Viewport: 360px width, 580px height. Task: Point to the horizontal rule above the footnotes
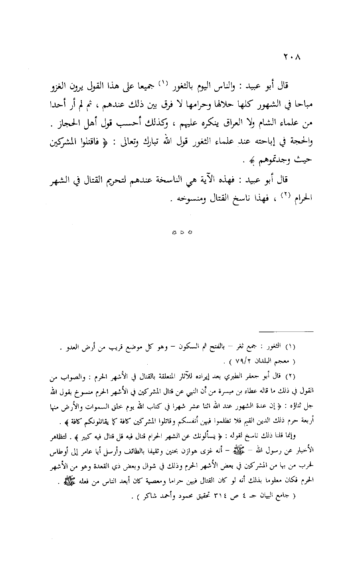point(287,331)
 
